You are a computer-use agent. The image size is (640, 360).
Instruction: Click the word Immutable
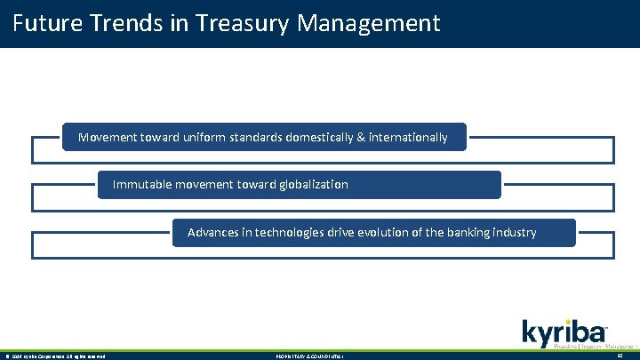click(x=142, y=185)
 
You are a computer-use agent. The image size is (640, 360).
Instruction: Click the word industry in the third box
click(x=514, y=233)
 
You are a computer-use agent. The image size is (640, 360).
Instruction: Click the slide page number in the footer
click(x=619, y=356)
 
